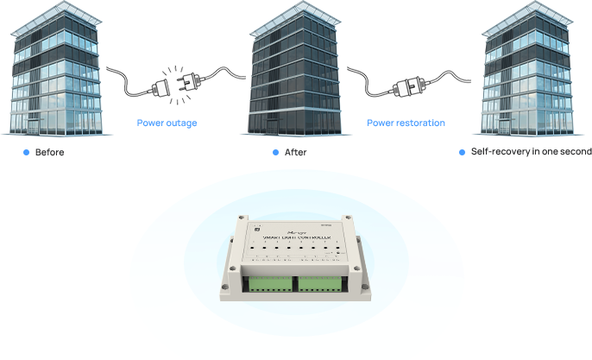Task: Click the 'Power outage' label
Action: pos(167,123)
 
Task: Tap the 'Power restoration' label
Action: pos(406,123)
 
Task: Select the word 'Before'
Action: pos(49,152)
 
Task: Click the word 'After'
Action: pos(295,152)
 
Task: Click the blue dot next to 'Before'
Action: pos(26,152)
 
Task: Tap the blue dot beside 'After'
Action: pos(275,152)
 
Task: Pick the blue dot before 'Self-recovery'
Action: pos(462,152)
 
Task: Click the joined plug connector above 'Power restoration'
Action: pos(407,86)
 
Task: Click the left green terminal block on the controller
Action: pos(267,284)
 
